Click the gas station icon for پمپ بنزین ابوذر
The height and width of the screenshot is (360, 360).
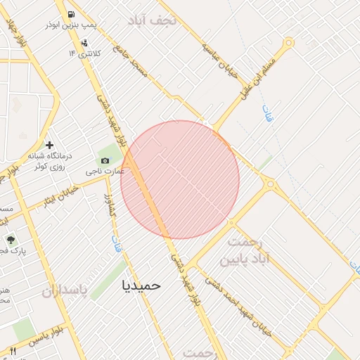(x=72, y=14)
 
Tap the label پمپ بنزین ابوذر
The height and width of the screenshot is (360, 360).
(x=70, y=25)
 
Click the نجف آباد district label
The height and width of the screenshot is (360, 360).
(x=155, y=20)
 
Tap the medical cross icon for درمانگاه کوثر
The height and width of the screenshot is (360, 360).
(x=49, y=144)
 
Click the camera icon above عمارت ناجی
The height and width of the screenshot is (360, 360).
(x=105, y=161)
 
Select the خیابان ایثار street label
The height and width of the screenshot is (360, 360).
(x=59, y=193)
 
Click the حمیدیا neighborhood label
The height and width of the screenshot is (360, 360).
(x=141, y=285)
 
